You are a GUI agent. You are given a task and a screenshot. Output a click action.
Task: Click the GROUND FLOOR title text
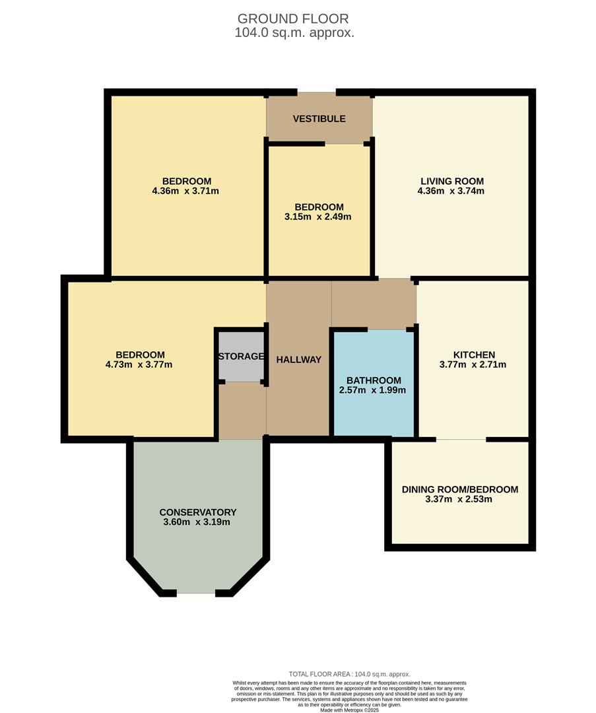tap(293, 18)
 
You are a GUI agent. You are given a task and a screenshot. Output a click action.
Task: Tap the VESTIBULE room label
tap(319, 119)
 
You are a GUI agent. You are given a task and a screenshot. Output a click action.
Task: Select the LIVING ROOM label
tap(452, 181)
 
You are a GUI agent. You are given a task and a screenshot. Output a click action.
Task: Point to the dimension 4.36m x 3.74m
tap(452, 191)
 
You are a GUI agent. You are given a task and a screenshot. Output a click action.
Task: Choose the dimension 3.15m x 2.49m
tap(319, 217)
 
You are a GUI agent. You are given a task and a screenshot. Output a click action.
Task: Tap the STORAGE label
tap(241, 356)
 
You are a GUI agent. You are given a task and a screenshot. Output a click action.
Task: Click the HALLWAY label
tap(298, 360)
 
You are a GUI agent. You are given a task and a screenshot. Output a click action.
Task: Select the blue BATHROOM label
tap(374, 380)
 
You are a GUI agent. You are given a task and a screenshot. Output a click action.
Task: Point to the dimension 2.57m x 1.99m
tap(374, 390)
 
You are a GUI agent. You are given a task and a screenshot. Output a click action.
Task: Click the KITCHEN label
tap(473, 355)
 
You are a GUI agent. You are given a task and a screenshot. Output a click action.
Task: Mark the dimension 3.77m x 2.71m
tap(473, 364)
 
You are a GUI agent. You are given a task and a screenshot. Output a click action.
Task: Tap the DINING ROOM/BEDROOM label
tap(459, 489)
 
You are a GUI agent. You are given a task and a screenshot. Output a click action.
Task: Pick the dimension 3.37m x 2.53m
tap(459, 499)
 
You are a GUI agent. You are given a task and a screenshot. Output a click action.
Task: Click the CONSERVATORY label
tap(197, 512)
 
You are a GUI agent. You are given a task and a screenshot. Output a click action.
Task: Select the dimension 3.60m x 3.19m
tap(197, 522)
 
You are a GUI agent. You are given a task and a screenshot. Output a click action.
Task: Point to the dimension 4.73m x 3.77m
tap(139, 364)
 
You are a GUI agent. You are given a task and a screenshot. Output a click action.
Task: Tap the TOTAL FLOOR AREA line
tap(349, 673)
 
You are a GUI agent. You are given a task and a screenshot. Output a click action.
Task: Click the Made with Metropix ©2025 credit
tap(350, 710)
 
